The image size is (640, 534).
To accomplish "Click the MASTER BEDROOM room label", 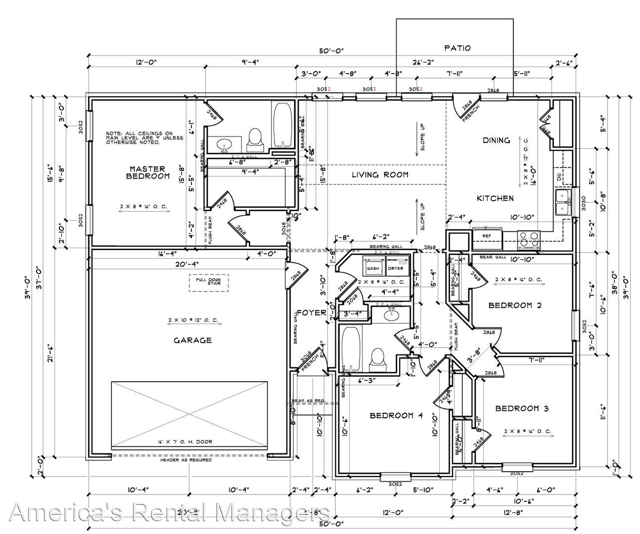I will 148,173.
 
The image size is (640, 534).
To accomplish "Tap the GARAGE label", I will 193,340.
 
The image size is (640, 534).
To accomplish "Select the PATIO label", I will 457,48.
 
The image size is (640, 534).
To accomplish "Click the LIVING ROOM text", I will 380,175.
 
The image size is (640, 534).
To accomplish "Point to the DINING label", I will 496,140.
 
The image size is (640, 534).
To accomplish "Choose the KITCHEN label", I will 495,198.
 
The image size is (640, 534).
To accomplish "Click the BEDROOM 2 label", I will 515,305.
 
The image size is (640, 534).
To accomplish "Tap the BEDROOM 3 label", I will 522,408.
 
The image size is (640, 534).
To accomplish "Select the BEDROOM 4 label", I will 396,416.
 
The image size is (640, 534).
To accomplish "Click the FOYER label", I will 311,312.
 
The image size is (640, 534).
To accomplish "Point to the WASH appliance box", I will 373,268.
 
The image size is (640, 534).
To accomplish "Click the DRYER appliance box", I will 396,268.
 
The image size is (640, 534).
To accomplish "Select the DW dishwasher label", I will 559,178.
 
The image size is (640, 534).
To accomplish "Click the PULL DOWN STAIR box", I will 208,282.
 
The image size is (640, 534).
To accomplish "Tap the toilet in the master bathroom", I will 255,137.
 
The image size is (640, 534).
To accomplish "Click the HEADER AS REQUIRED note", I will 186,460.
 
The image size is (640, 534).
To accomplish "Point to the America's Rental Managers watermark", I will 171,512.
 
